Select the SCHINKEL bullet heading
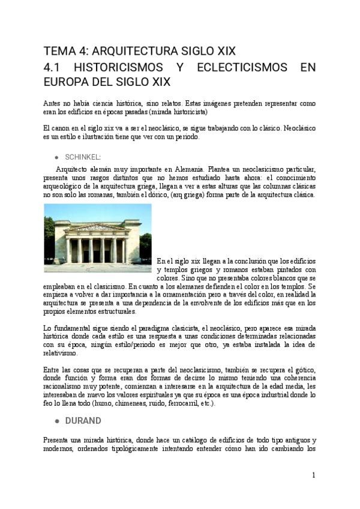tap(83, 156)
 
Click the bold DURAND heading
tap(83, 420)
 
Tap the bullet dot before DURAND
tap(56, 420)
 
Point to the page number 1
tap(313, 475)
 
